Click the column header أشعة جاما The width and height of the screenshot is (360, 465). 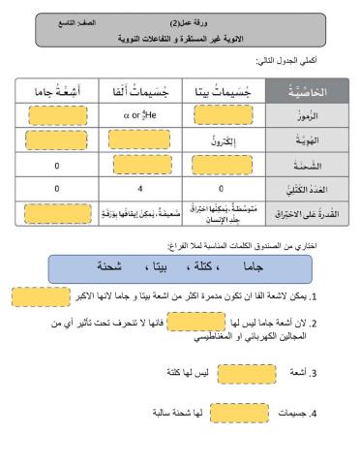coord(57,92)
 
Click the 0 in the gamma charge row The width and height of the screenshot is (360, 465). coord(58,165)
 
